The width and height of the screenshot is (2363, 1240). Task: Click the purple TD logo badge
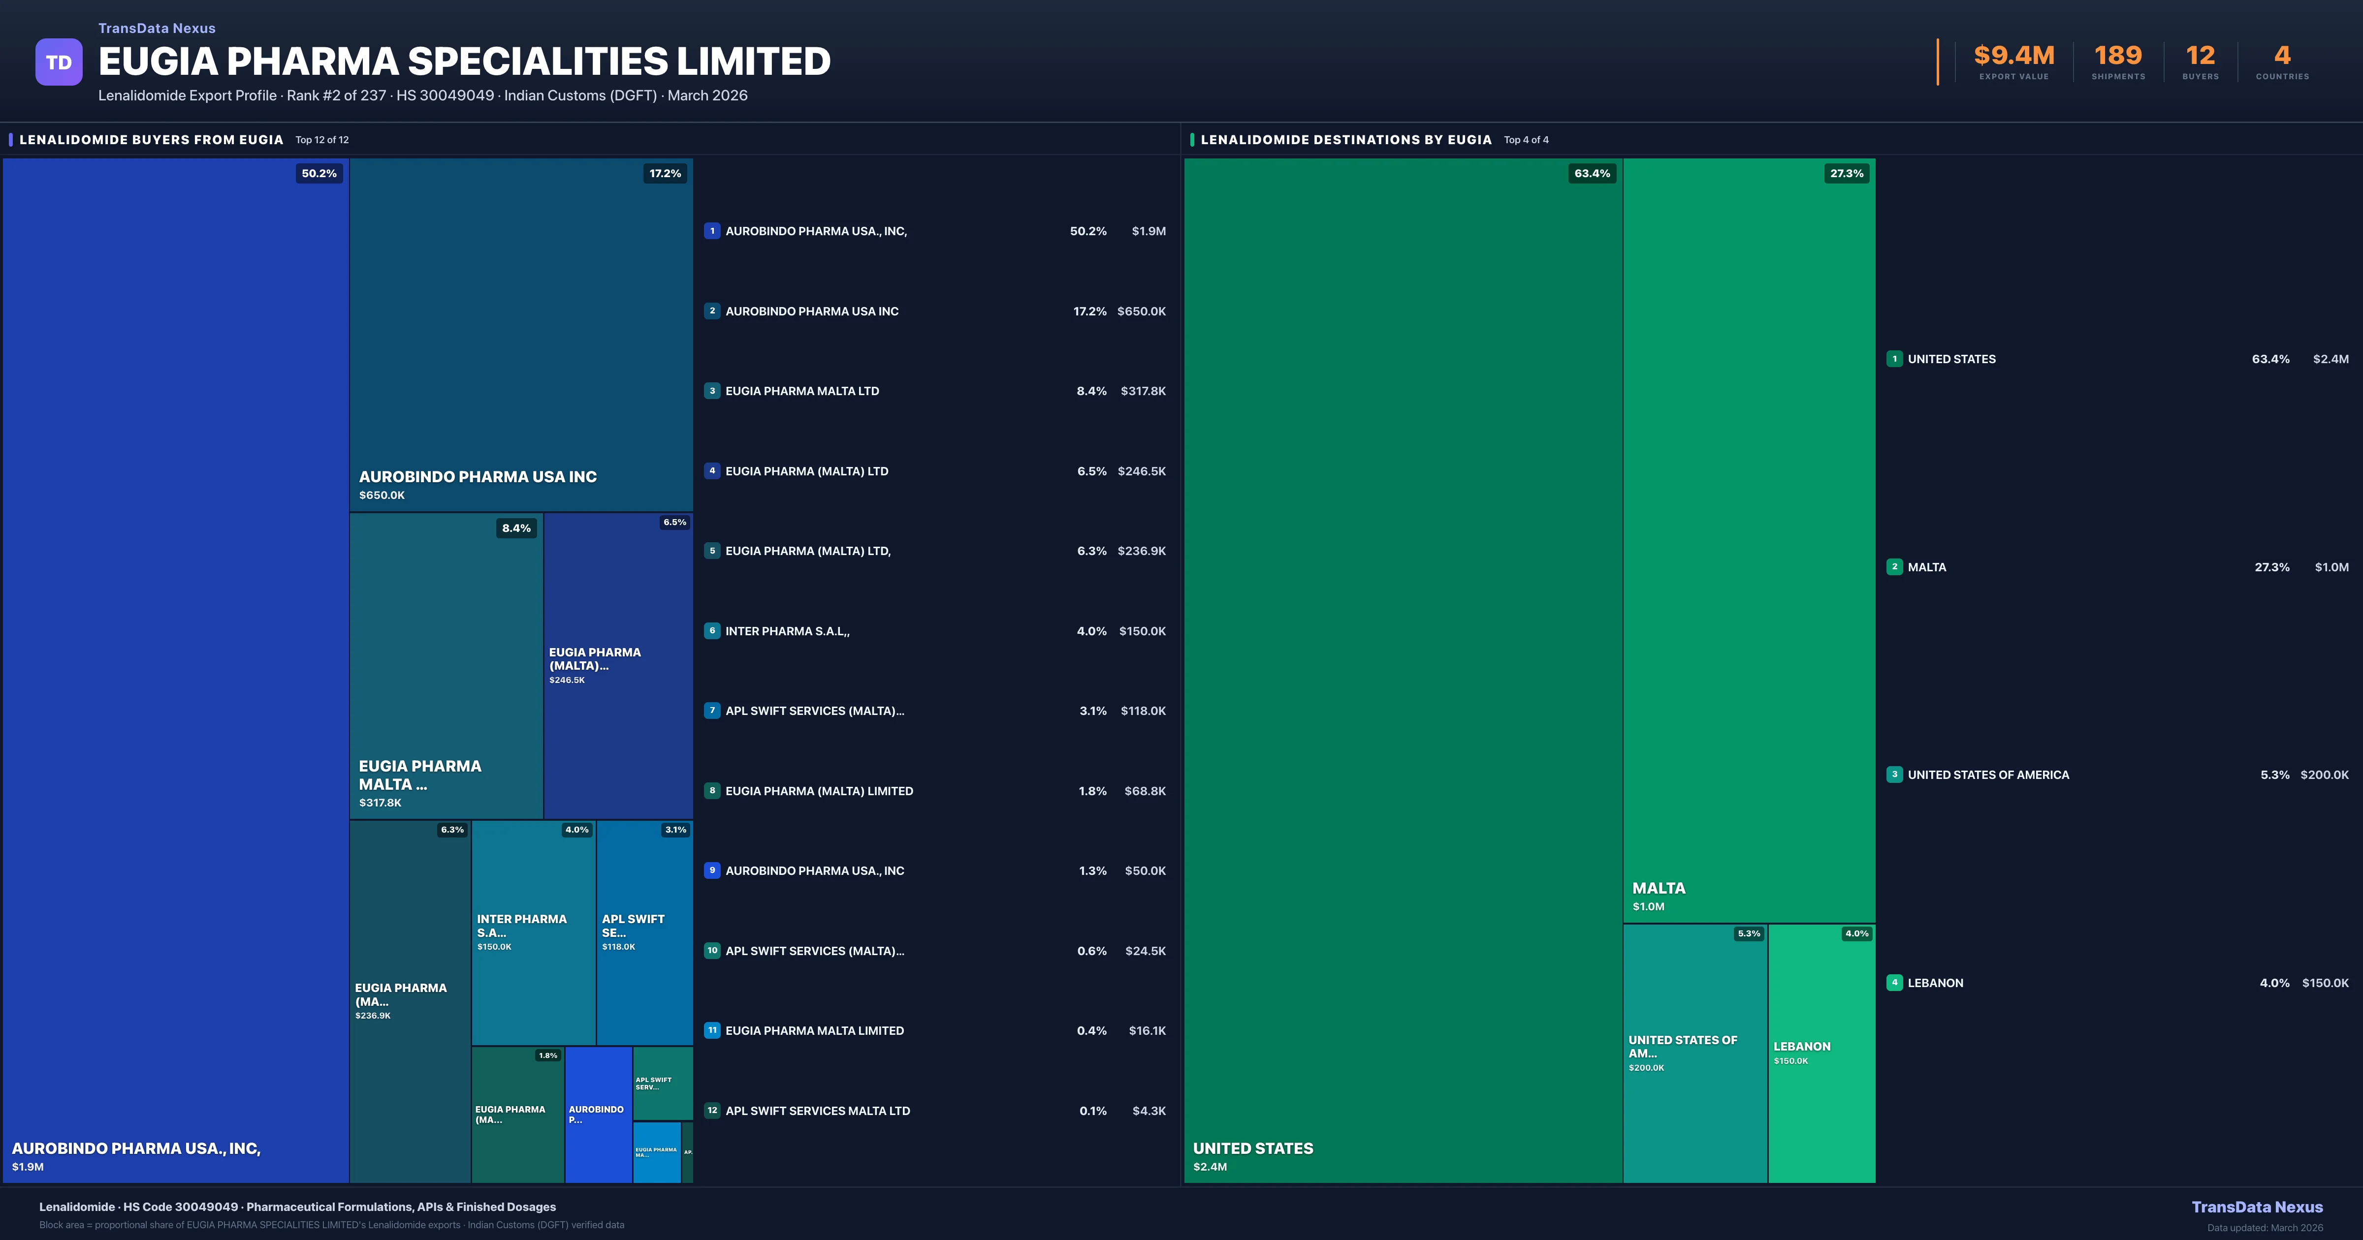(x=59, y=62)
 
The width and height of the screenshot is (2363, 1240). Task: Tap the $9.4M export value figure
(x=2013, y=56)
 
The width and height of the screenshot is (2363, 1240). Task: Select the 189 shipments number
(x=2118, y=56)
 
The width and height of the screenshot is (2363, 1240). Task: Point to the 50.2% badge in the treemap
(x=319, y=173)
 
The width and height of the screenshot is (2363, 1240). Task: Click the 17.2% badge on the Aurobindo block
(x=665, y=173)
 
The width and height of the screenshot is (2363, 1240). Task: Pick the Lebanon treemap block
(x=1821, y=1053)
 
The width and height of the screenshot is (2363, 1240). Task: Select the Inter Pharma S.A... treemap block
(x=533, y=932)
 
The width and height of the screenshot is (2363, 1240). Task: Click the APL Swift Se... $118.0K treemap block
(x=644, y=932)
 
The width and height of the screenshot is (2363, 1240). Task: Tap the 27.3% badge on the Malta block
(x=1847, y=173)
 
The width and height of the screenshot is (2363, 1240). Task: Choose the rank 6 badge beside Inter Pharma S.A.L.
(x=712, y=631)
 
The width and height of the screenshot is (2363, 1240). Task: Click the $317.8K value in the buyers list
(x=1143, y=391)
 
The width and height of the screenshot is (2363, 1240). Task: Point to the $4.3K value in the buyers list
(x=1149, y=1111)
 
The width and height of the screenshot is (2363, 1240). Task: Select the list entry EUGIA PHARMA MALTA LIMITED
(x=815, y=1031)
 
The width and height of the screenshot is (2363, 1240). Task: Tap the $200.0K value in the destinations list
(x=2325, y=775)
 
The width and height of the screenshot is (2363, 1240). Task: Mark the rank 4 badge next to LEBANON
(x=1894, y=982)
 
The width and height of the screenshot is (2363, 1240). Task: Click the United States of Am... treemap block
(x=1694, y=1053)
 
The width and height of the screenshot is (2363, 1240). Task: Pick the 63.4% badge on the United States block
(x=1592, y=173)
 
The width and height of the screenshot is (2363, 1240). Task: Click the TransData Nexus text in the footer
(x=2257, y=1207)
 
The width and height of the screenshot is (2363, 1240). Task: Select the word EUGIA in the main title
(x=157, y=62)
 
